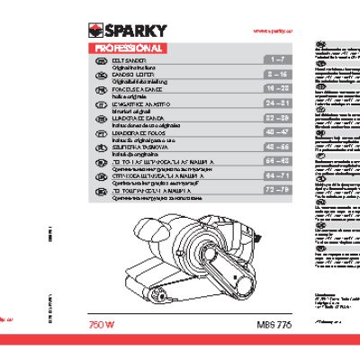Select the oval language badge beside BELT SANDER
(x=101, y=59)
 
